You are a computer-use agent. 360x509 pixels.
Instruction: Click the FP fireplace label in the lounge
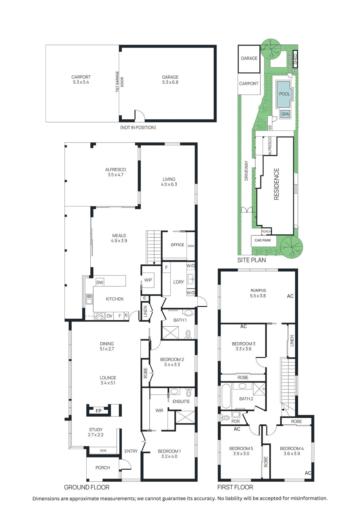pos(99,411)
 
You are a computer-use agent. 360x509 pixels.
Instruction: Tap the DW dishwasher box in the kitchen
pos(100,282)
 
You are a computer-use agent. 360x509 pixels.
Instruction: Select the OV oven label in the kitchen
pos(109,316)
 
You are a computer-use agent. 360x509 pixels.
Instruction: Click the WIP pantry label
pos(148,280)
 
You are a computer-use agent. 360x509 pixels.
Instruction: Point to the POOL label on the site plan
pos(284,94)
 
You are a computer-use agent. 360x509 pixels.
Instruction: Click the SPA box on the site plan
pos(285,114)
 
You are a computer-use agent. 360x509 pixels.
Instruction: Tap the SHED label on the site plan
pos(295,59)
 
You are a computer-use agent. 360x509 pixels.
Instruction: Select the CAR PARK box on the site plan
pos(263,241)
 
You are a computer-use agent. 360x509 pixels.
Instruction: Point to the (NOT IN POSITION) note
pos(138,128)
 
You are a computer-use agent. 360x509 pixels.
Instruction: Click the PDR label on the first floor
pos(236,421)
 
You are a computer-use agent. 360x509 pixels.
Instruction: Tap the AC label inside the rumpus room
pos(290,296)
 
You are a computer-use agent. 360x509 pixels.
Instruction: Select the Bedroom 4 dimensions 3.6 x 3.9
pos(292,454)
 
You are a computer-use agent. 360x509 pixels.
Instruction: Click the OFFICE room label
pos(177,245)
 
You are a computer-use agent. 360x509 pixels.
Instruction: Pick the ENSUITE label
pos(181,401)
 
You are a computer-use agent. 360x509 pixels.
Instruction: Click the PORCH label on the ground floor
pos(102,468)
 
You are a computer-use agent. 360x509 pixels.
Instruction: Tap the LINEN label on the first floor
pos(292,341)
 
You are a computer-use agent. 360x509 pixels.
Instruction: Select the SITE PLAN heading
pos(251,260)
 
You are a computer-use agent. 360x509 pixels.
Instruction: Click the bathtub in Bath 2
pos(226,396)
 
